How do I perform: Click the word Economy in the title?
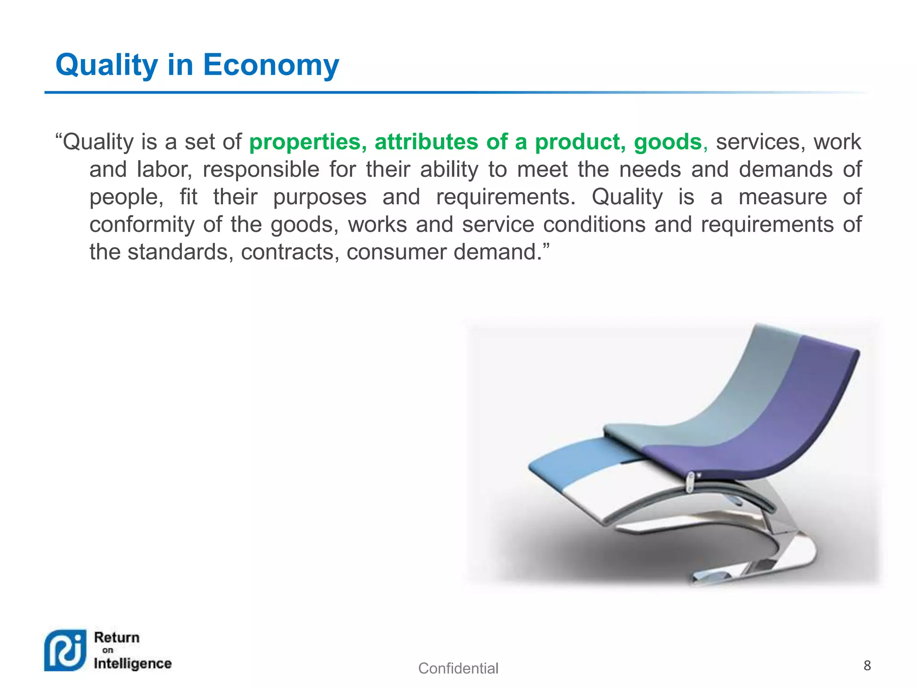271,65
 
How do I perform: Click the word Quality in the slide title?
106,65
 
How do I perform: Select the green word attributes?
426,142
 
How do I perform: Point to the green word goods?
668,142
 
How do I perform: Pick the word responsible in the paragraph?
261,170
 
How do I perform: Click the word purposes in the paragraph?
320,197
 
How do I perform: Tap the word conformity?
142,224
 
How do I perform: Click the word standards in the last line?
180,252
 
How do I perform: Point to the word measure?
782,197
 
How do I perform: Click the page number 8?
867,666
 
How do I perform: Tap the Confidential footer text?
458,668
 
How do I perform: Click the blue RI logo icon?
65,650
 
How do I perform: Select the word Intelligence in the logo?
133,663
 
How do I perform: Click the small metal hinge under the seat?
690,482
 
